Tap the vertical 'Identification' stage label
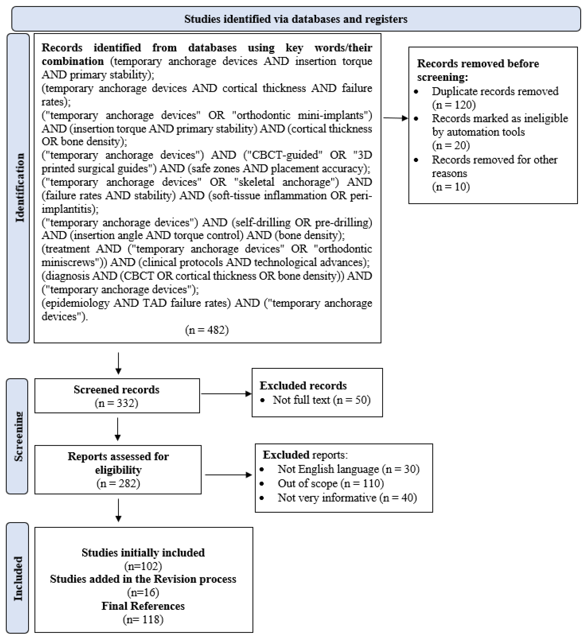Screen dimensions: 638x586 [20, 188]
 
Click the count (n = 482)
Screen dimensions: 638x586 [207, 330]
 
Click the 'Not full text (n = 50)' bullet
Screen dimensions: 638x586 [321, 400]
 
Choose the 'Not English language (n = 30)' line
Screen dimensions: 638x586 [348, 469]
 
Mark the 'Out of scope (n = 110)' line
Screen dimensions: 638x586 [330, 483]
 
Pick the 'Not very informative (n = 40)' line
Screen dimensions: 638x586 [347, 498]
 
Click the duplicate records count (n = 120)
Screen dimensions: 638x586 [454, 105]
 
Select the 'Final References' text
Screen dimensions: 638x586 [143, 606]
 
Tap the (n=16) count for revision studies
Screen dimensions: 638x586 [143, 592]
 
